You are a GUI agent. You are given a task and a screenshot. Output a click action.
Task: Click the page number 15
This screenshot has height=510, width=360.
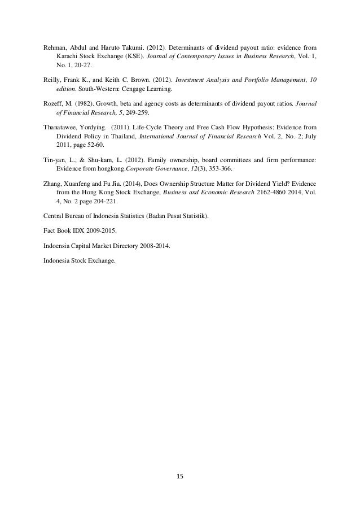click(x=181, y=476)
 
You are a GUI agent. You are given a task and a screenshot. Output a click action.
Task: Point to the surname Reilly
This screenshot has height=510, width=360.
click(x=52, y=79)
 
